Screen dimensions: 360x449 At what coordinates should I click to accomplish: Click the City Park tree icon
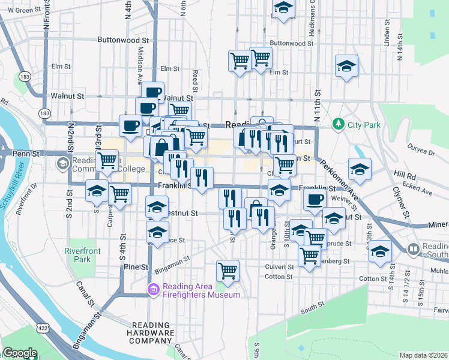pos(339,124)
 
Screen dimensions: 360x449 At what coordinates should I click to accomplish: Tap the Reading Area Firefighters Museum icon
pos(154,290)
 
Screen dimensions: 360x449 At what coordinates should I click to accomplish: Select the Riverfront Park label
pos(78,256)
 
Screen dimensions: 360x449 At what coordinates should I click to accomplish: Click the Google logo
pos(20,353)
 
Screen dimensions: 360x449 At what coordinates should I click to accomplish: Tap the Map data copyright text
pos(424,355)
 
